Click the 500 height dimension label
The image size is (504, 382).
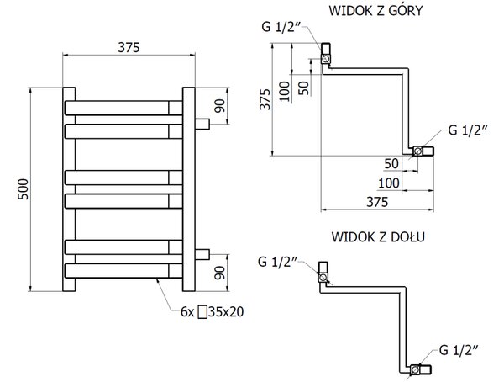click(24, 189)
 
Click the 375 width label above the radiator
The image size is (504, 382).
click(129, 48)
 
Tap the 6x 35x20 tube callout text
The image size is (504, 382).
click(213, 311)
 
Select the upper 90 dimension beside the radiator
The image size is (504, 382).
click(220, 106)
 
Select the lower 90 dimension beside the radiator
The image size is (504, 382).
click(220, 273)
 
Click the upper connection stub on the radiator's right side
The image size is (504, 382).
click(202, 124)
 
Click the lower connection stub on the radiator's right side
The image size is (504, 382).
click(202, 254)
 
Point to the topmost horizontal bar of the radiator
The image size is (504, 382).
click(123, 108)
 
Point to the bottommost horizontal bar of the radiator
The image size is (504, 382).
click(123, 271)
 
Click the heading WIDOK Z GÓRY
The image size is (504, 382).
click(375, 11)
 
